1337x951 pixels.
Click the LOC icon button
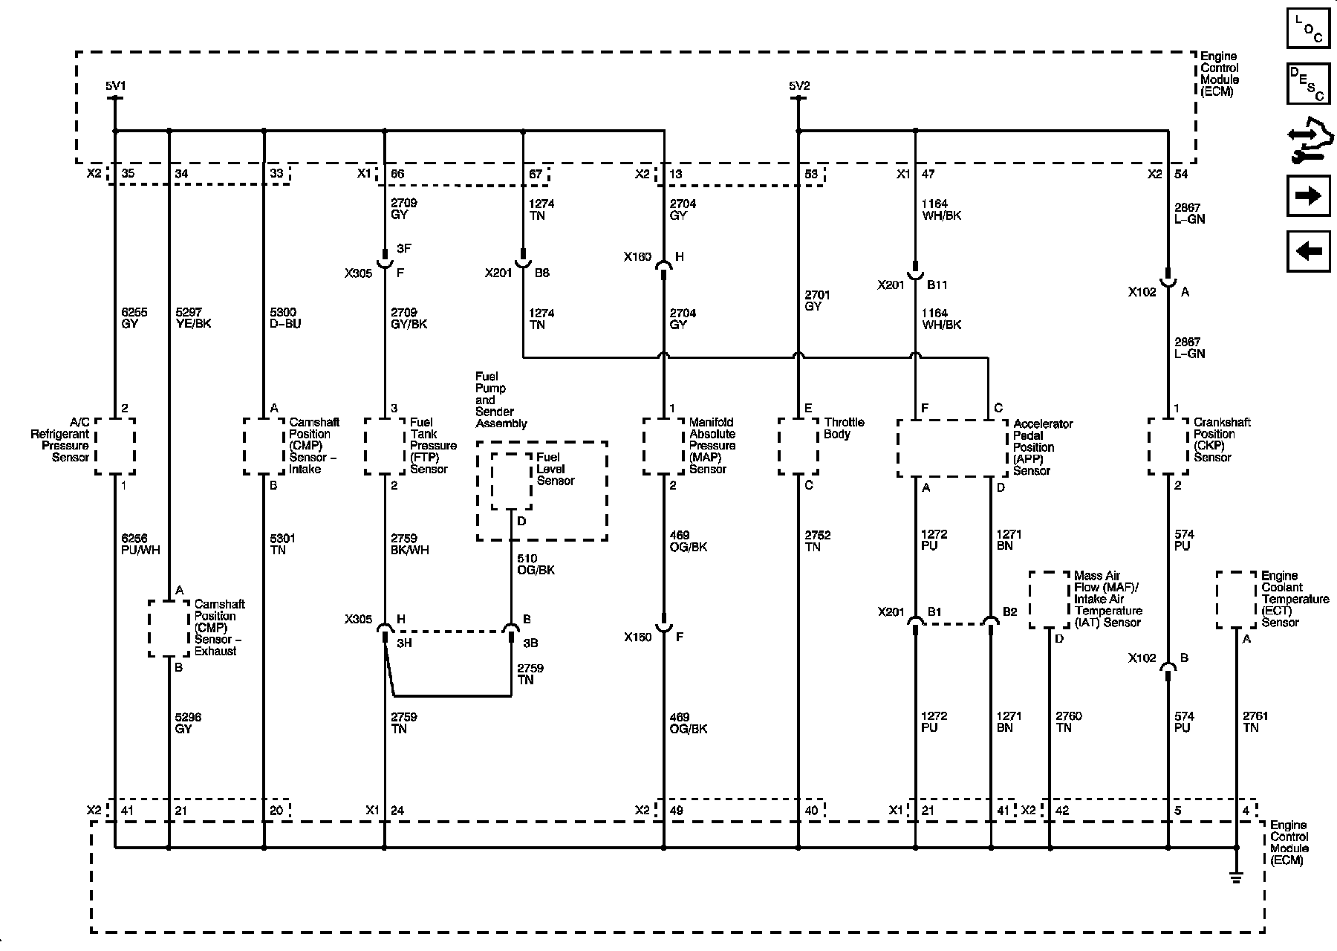[1308, 27]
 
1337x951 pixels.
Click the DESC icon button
[1308, 83]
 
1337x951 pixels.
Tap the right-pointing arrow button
[1308, 195]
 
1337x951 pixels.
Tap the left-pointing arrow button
[1308, 251]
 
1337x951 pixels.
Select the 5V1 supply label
[114, 86]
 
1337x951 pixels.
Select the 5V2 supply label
[799, 86]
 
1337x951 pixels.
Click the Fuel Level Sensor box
[511, 481]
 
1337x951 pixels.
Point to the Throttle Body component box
[798, 446]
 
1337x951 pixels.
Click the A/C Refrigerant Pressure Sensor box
[115, 446]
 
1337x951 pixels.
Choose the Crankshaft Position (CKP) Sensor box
[1168, 446]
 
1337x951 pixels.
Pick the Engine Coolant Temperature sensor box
[1236, 600]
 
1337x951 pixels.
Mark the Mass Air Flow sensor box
[1050, 600]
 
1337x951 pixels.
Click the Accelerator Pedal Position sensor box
[952, 449]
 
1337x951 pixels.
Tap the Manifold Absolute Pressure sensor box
[663, 446]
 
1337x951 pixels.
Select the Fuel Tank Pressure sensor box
[385, 446]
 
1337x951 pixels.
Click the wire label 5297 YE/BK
[193, 318]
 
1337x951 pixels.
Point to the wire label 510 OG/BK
[536, 565]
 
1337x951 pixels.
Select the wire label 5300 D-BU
[286, 318]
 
